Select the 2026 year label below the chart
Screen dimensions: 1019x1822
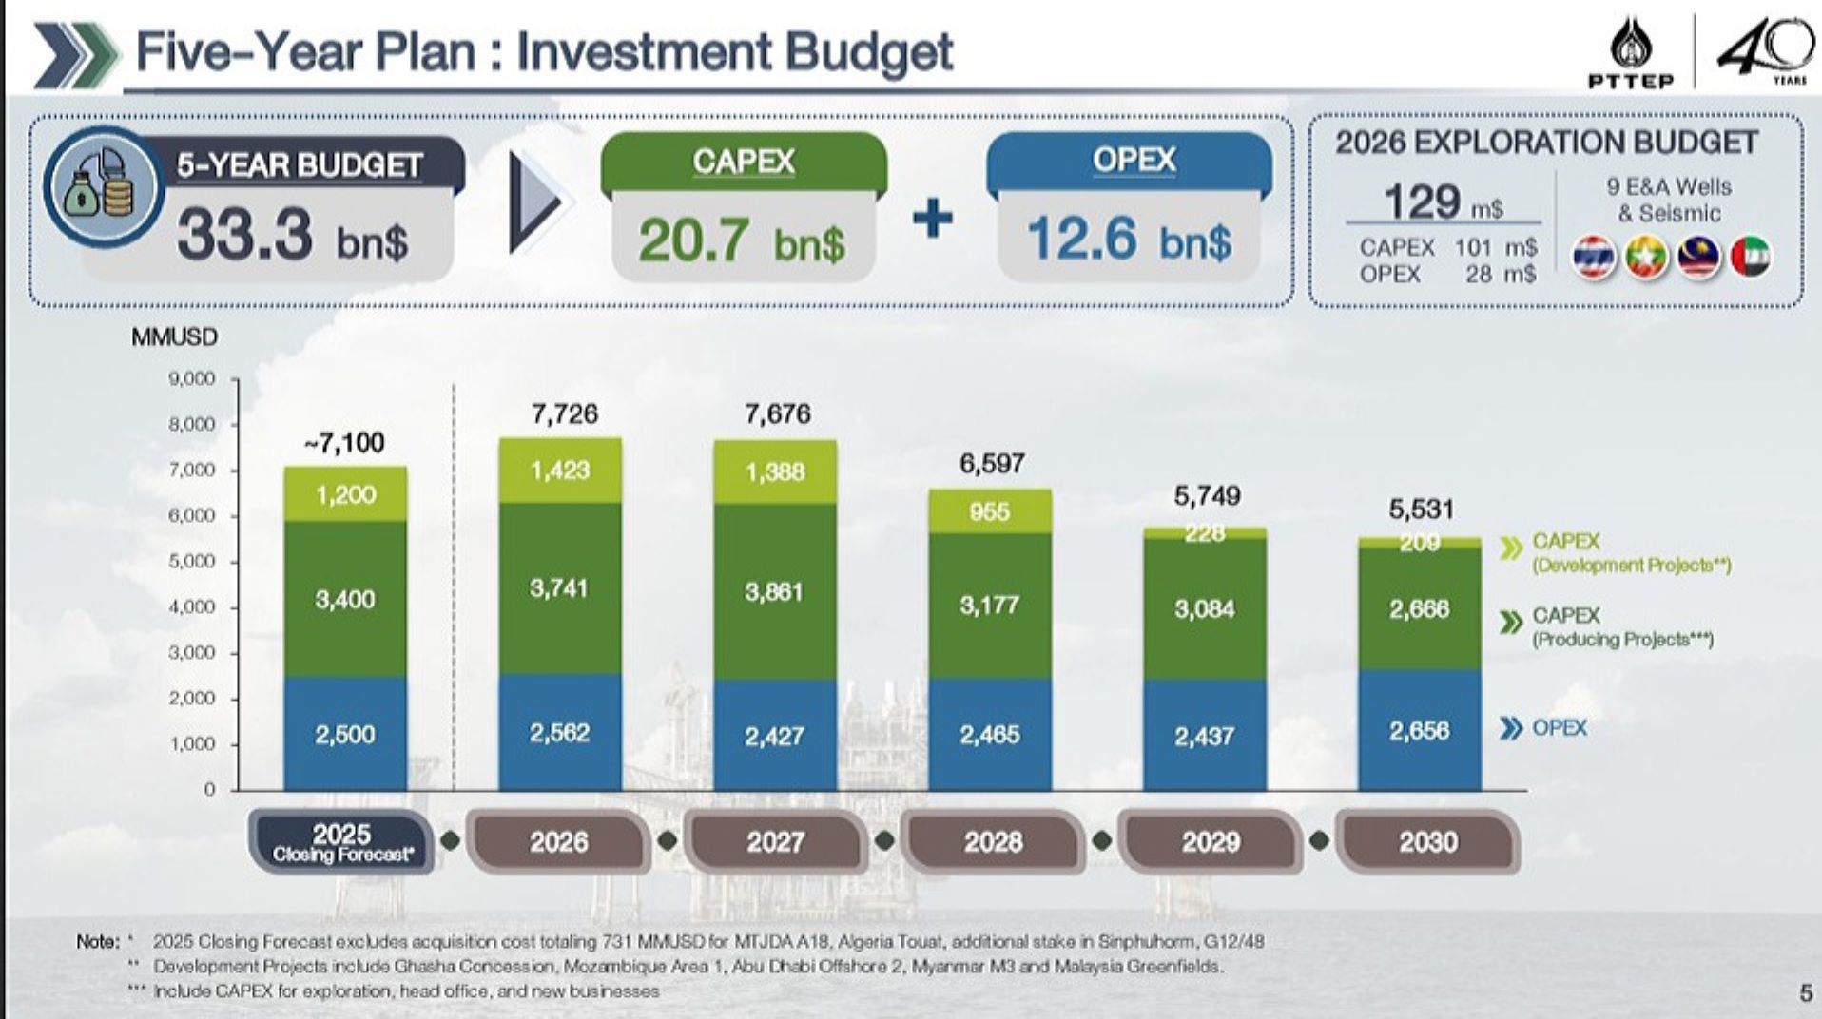[x=559, y=841]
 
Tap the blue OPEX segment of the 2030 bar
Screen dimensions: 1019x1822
[x=1419, y=730]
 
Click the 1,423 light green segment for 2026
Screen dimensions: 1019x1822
[x=560, y=471]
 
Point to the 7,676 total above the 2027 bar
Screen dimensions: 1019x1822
[x=778, y=413]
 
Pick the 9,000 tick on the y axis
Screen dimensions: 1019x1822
[x=192, y=378]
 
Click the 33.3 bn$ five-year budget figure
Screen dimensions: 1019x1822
[x=292, y=236]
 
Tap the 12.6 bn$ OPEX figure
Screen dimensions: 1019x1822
[x=1129, y=238]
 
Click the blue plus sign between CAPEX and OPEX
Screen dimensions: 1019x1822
[x=932, y=220]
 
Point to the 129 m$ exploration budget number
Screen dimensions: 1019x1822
[x=1442, y=202]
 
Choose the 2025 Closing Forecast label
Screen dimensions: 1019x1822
[x=342, y=842]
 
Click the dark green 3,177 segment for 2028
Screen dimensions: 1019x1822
[x=990, y=606]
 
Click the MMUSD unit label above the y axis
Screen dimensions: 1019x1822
[x=174, y=337]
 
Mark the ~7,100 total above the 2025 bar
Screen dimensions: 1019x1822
[x=344, y=442]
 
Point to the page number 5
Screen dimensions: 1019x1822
[x=1806, y=993]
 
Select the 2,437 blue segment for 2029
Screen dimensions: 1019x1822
[x=1205, y=736]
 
